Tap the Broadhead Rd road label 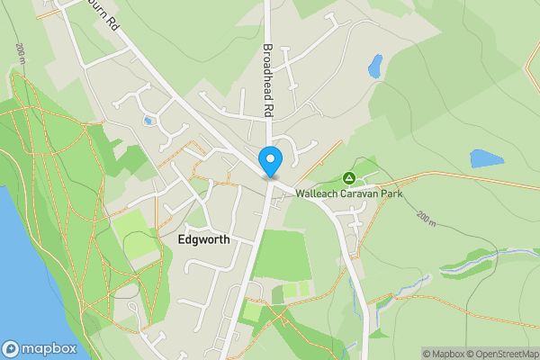267,79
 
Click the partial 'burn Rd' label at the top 102,17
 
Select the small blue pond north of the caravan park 374,65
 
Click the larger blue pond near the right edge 486,159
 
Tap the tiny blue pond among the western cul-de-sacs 147,121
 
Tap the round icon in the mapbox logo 12,348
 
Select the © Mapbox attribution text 443,354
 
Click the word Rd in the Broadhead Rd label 267,107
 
